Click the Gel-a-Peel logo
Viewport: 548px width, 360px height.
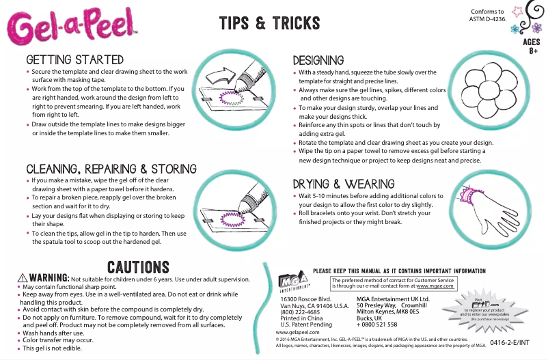click(x=72, y=28)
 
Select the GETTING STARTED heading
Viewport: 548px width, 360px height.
click(x=74, y=60)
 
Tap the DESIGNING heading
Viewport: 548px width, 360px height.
click(x=318, y=61)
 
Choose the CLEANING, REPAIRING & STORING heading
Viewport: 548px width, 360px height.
click(x=111, y=169)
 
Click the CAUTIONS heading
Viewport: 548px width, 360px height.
click(x=139, y=266)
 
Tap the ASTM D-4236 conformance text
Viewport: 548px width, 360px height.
click(x=487, y=15)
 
